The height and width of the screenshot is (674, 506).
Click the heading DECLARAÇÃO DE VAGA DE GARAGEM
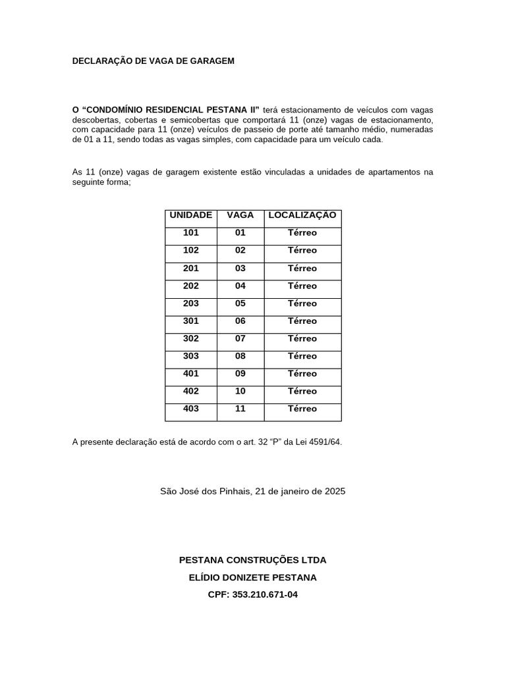(x=153, y=61)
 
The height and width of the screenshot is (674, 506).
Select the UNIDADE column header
(x=190, y=215)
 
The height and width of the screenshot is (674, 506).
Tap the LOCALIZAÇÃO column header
(x=302, y=215)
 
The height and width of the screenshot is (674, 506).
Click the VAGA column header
(x=240, y=215)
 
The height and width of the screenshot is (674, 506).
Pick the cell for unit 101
(x=190, y=233)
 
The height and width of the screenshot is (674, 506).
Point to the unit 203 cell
(x=190, y=303)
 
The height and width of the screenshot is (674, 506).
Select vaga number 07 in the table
(x=240, y=338)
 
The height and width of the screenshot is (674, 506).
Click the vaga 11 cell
(x=240, y=409)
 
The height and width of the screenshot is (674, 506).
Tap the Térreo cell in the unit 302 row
(x=302, y=339)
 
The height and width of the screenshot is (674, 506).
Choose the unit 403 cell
(x=190, y=409)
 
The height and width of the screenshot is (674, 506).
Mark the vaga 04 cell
(x=240, y=286)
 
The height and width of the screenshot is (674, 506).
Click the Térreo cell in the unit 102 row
(x=302, y=251)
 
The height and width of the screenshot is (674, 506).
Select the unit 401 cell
(x=190, y=373)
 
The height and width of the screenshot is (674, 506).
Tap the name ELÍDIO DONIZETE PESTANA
(x=252, y=577)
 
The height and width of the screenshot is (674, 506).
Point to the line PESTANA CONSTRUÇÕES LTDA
(x=252, y=560)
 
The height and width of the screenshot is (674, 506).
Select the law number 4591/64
(x=325, y=442)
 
